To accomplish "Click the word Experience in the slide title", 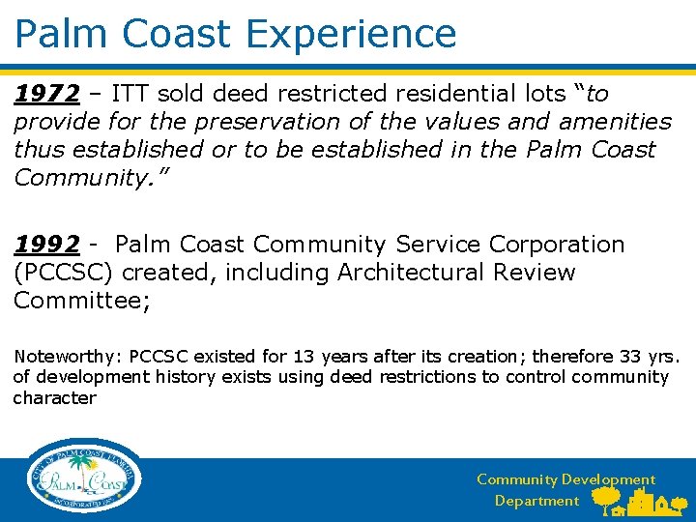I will [351, 34].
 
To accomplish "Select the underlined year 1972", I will [46, 94].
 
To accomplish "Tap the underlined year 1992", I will [46, 245].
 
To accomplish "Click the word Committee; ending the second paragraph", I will [81, 301].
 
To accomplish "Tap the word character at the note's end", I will [54, 397].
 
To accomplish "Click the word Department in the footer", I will [536, 501].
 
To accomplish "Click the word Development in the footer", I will [608, 479].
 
